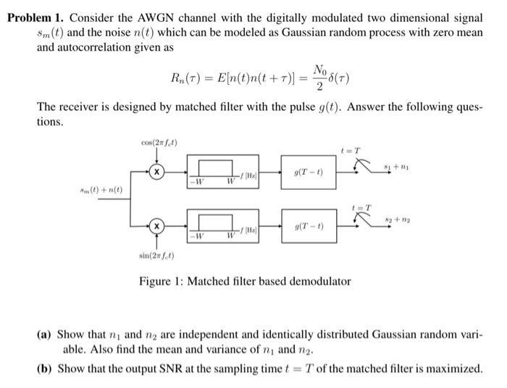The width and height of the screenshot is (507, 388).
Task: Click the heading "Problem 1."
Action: click(36, 17)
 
